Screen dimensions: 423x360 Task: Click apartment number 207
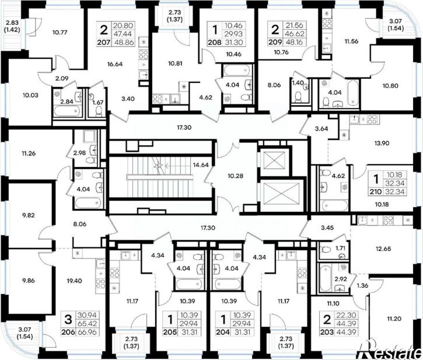[104, 43]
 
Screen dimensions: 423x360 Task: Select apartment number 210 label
[376, 192]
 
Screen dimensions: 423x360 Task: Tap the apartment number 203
[327, 332]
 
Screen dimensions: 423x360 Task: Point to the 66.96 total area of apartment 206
[87, 332]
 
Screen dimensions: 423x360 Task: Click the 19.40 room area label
[75, 281]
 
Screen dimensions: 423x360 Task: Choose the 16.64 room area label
[115, 64]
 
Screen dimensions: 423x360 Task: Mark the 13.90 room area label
[382, 143]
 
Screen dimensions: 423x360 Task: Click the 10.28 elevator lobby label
[236, 176]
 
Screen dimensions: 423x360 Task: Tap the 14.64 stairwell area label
[201, 165]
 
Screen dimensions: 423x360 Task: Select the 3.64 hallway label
[321, 129]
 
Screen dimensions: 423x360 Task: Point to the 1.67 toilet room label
[98, 102]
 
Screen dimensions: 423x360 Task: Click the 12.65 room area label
[383, 249]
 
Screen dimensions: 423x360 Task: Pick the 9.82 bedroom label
[29, 215]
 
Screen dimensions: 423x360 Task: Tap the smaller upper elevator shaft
[274, 160]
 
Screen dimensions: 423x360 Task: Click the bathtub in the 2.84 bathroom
[67, 111]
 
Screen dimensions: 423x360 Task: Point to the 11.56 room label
[351, 41]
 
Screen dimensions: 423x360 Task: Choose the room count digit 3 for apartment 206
[68, 320]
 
